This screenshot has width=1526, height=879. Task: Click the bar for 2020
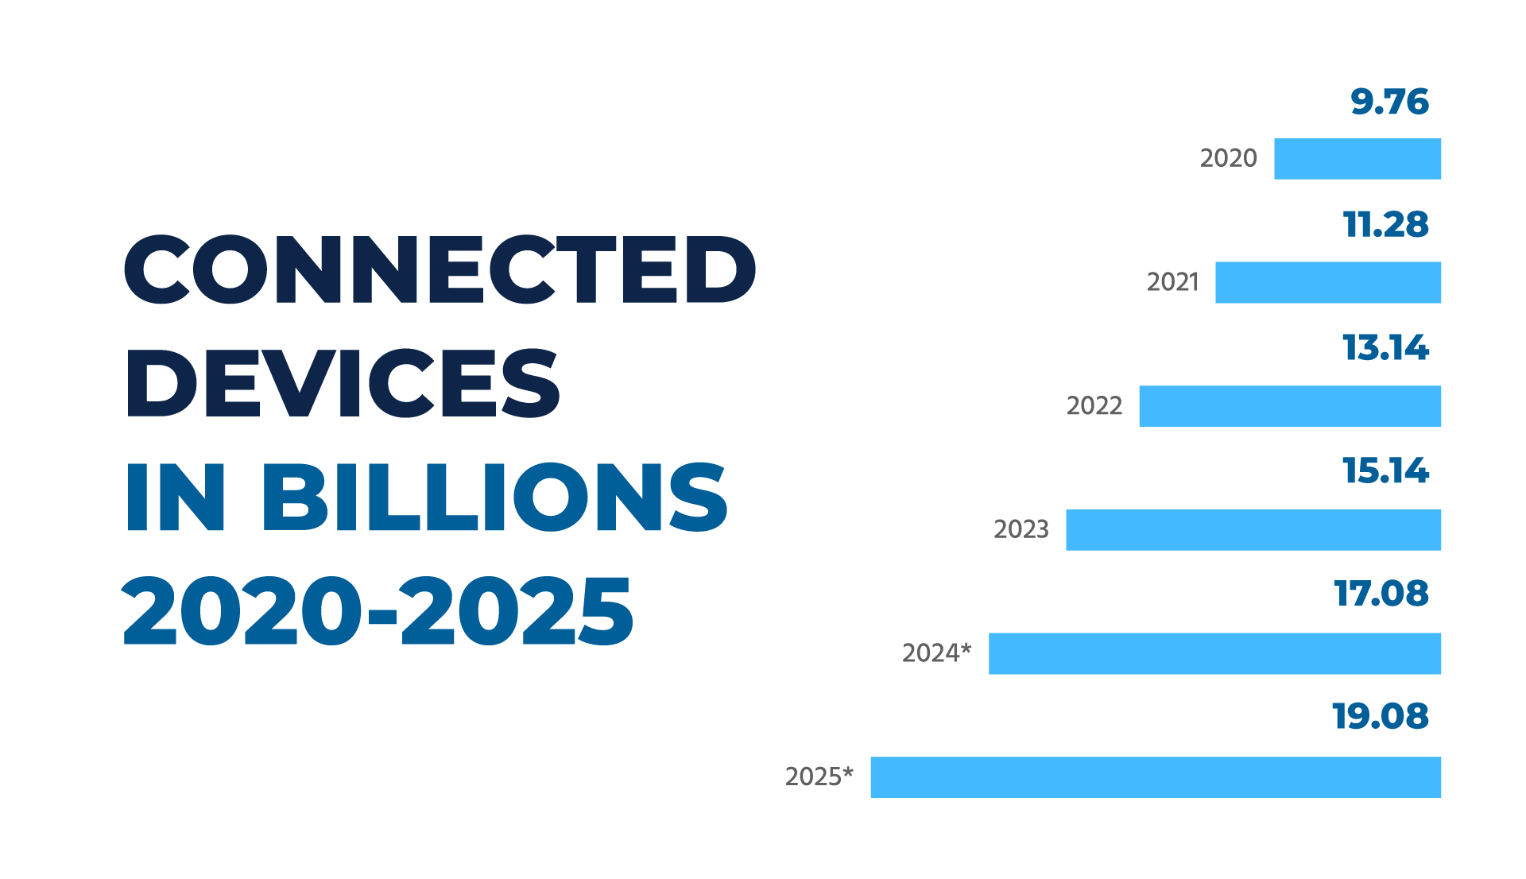(x=1357, y=159)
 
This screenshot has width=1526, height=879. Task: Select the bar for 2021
(x=1327, y=282)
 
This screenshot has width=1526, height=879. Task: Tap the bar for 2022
(x=1289, y=406)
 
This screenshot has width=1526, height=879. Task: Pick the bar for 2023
(x=1253, y=529)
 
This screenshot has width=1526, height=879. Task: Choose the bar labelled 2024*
(x=1214, y=653)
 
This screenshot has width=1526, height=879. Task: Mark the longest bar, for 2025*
(x=1155, y=776)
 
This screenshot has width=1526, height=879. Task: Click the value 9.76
(x=1389, y=102)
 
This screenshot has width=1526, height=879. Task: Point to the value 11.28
(x=1385, y=225)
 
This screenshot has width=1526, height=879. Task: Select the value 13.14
(x=1385, y=348)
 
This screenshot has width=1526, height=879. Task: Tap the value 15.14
(x=1385, y=470)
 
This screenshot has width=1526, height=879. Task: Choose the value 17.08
(x=1381, y=594)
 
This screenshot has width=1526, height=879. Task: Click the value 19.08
(x=1381, y=716)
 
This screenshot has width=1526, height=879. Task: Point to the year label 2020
(x=1228, y=158)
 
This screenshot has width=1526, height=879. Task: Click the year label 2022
(x=1094, y=405)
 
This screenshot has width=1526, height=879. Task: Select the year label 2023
(x=1021, y=529)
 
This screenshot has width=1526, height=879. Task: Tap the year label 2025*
(x=819, y=776)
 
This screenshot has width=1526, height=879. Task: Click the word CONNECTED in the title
(x=440, y=270)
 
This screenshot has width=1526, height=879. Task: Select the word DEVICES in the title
(x=343, y=384)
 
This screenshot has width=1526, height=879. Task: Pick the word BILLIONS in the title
(x=494, y=498)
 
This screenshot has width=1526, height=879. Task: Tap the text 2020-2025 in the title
(x=378, y=612)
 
